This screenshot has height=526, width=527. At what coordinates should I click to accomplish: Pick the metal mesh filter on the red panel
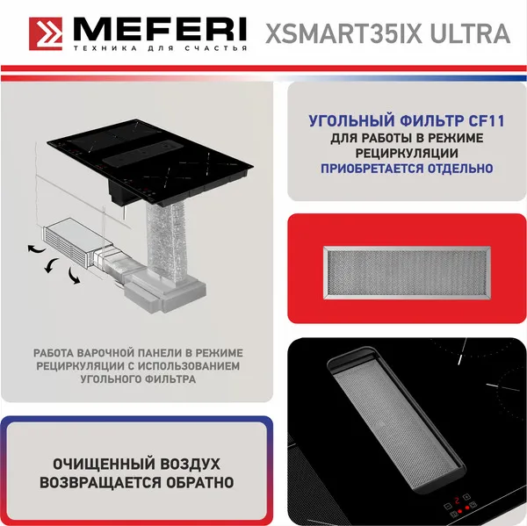tap(407, 271)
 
